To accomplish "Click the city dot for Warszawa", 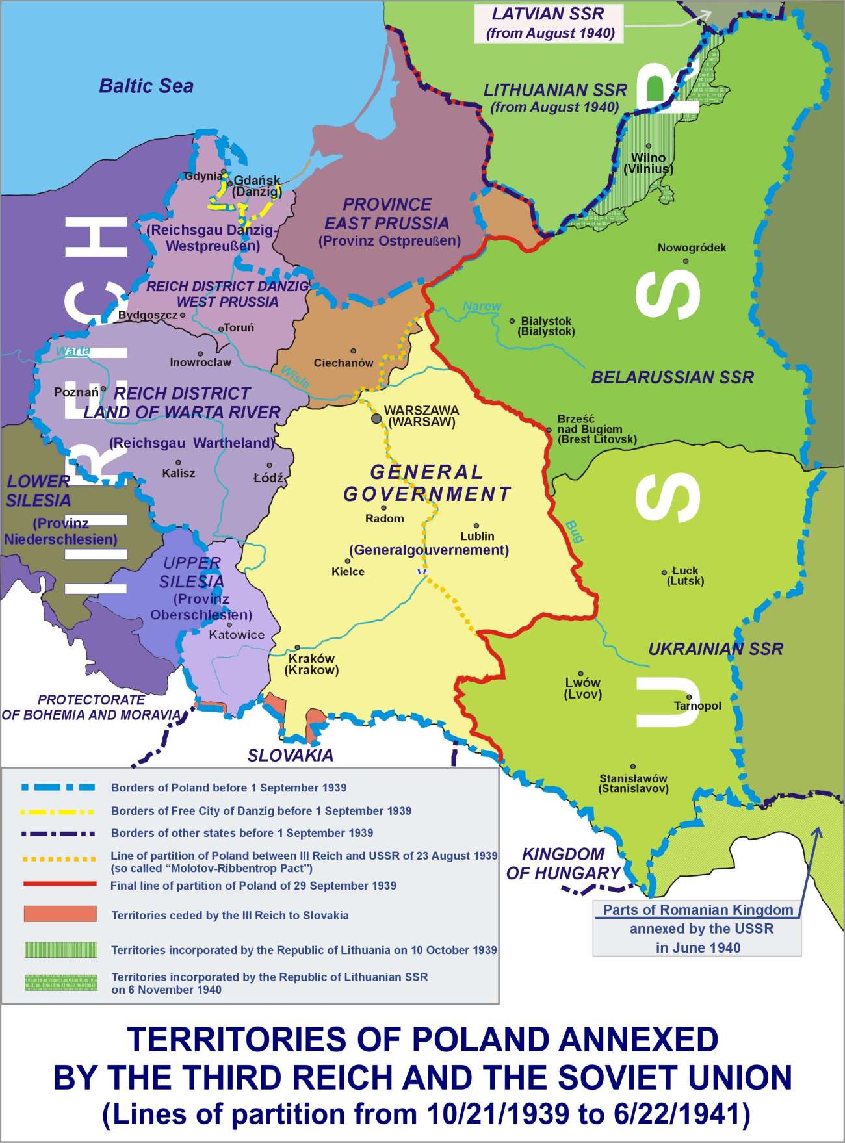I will (376, 418).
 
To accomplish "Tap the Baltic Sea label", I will (146, 86).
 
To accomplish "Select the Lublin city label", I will (477, 536).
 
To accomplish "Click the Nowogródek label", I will (692, 248).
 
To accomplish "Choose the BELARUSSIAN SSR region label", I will (672, 377).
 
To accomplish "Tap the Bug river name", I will (574, 531).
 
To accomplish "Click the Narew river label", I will (482, 306).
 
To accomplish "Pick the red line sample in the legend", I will (60, 884).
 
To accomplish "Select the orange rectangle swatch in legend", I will (60, 914).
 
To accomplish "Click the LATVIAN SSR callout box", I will (549, 23).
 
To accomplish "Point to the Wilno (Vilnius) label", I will (648, 163).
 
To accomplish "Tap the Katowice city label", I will (237, 635).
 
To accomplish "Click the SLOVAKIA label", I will (290, 755).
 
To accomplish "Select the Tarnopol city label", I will (697, 706).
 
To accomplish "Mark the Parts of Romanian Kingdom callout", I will (697, 928).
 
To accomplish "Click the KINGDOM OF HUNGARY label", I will (563, 864).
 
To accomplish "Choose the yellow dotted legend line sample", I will (60, 859).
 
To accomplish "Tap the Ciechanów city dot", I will (354, 351).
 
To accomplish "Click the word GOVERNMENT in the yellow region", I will (427, 494).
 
